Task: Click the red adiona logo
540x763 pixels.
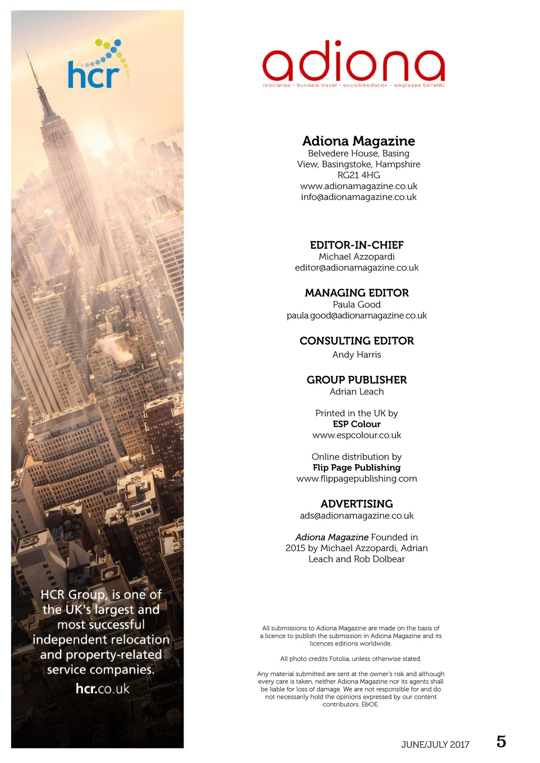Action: tap(353, 63)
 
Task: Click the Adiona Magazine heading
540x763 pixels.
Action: tap(359, 141)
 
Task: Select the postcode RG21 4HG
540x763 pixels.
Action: tap(359, 175)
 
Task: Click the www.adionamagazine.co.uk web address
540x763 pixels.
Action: tap(359, 186)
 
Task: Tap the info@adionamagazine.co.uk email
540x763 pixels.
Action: tap(359, 197)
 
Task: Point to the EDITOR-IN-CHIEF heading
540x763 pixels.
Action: tap(356, 245)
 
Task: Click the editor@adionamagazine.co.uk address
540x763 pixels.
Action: tap(356, 268)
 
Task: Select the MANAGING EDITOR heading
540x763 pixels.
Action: tap(356, 293)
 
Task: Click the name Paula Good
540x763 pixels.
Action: tap(356, 305)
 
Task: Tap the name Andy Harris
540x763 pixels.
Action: tap(356, 355)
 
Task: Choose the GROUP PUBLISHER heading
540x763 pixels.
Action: tap(356, 380)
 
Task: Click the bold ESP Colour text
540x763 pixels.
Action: tap(356, 424)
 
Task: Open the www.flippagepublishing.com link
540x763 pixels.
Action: tap(356, 479)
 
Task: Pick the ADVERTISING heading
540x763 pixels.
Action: tap(356, 504)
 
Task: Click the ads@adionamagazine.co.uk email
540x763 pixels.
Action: tap(356, 516)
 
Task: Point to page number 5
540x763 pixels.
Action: tap(501, 742)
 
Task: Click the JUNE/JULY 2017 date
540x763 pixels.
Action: tap(435, 745)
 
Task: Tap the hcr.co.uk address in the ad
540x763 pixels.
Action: tap(102, 689)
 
